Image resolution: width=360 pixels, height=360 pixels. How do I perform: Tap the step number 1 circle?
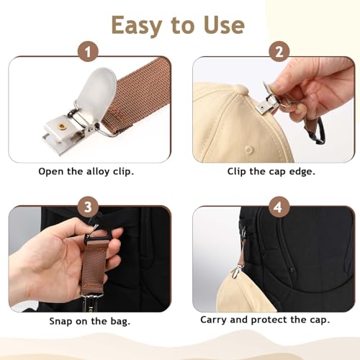tap(89, 53)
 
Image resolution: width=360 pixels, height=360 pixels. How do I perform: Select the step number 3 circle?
tap(89, 207)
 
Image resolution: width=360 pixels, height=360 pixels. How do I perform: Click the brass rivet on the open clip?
tap(62, 127)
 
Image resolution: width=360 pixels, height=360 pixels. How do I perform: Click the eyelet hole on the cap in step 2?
tap(248, 150)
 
